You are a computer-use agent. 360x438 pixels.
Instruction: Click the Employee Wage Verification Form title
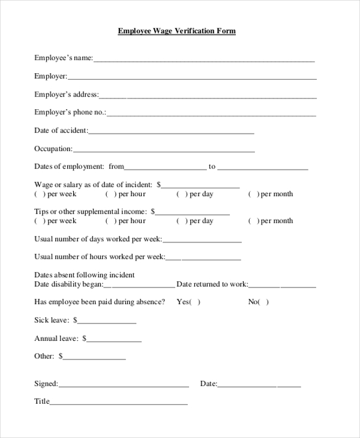point(176,31)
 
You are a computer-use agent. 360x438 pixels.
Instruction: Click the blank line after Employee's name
point(203,59)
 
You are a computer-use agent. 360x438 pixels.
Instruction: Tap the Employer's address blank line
point(207,95)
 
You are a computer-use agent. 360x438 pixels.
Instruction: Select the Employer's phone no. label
point(70,112)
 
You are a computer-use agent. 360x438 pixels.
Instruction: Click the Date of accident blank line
point(171,131)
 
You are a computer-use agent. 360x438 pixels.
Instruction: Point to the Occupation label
point(53,149)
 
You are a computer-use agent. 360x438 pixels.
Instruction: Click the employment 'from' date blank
point(165,167)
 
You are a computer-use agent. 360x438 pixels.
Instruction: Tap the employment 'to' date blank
point(263,167)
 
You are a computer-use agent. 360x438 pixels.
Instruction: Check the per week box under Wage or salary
point(40,194)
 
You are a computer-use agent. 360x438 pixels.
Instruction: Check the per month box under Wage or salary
point(254,194)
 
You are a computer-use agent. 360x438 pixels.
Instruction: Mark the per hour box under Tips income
point(111,221)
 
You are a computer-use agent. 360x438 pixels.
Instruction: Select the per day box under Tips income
point(182,221)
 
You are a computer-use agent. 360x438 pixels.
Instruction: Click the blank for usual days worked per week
point(202,240)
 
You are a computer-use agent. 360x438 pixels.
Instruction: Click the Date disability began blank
point(139,285)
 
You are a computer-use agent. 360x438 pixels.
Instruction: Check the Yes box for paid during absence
point(195,302)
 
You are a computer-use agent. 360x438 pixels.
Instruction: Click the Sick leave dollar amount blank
point(107,322)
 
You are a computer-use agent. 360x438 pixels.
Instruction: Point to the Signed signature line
point(124,385)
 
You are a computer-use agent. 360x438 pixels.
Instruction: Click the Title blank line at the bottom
point(119,403)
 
